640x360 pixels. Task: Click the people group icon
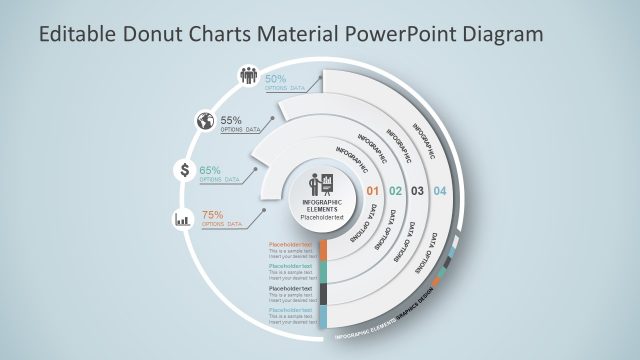[249, 75]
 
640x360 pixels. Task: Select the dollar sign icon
[184, 169]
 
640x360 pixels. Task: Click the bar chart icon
[184, 217]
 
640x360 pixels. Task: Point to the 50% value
[277, 79]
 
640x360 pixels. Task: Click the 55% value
[232, 121]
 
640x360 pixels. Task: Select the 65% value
[210, 170]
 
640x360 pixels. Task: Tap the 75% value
[213, 215]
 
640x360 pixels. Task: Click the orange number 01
[372, 191]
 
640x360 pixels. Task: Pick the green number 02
[395, 191]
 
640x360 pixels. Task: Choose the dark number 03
[418, 191]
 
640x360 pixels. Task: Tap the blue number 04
[440, 191]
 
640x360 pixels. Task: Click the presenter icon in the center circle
[322, 185]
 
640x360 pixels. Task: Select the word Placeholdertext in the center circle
[322, 217]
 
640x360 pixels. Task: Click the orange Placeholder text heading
[291, 244]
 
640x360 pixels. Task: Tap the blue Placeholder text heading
[291, 310]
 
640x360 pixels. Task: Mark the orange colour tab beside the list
[322, 251]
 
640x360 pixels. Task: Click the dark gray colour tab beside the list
[322, 294]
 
